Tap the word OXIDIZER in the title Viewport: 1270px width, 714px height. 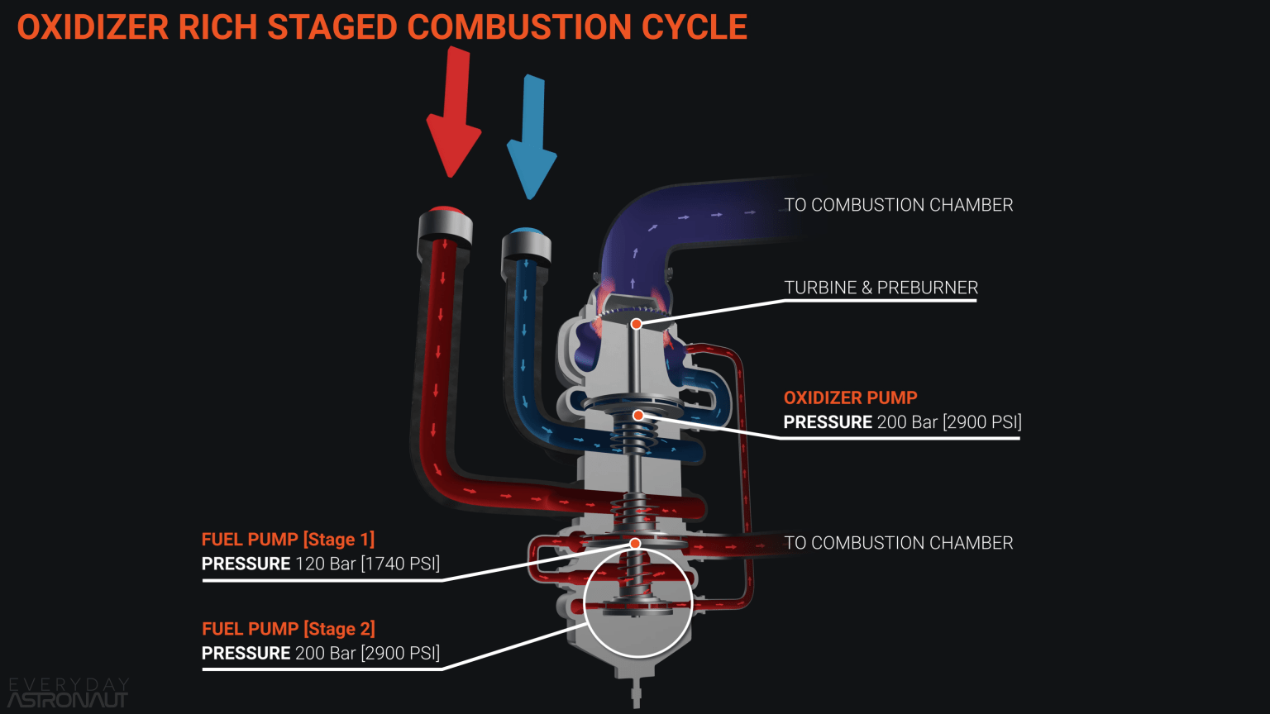click(x=93, y=27)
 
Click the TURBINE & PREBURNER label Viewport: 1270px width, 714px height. click(x=881, y=288)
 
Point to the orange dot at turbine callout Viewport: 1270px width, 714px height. click(x=636, y=324)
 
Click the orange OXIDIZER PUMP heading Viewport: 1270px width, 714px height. click(x=850, y=397)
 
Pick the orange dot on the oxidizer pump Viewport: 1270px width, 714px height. click(x=637, y=415)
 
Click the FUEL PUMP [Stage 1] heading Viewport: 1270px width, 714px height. click(x=288, y=540)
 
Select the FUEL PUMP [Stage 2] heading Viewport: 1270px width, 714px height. click(x=288, y=629)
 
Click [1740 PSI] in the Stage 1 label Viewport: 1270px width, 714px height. click(x=400, y=564)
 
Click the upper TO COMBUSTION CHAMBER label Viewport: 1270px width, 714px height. click(x=898, y=205)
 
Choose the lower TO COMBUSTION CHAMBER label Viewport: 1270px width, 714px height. click(x=898, y=543)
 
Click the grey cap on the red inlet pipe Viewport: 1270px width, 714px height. click(x=444, y=226)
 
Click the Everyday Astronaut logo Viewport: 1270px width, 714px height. click(x=68, y=693)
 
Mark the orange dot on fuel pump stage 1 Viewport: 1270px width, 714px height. click(x=635, y=543)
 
